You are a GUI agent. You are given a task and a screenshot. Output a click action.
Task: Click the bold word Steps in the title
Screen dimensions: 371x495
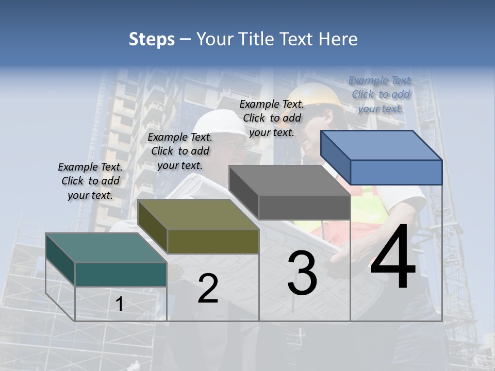pyautogui.click(x=152, y=39)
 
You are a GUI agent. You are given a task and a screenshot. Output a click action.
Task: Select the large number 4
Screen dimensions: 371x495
pyautogui.click(x=393, y=258)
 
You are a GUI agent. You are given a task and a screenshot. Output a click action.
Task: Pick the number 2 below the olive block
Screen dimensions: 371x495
pyautogui.click(x=208, y=289)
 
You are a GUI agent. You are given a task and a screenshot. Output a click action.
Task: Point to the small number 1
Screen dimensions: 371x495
pyautogui.click(x=119, y=305)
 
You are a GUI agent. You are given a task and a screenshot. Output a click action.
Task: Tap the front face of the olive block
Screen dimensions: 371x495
pyautogui.click(x=213, y=241)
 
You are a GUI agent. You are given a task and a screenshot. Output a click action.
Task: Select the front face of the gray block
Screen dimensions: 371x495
pyautogui.click(x=304, y=208)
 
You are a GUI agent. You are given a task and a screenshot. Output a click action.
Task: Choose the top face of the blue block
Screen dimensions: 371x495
pyautogui.click(x=382, y=145)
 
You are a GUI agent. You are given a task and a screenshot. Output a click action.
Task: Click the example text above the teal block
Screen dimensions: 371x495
pyautogui.click(x=90, y=181)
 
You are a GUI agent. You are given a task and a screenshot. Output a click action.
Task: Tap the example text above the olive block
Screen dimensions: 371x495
pyautogui.click(x=180, y=151)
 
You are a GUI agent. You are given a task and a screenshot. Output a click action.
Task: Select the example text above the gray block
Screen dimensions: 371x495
pyautogui.click(x=272, y=118)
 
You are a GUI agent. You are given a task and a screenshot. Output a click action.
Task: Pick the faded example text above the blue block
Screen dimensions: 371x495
pyautogui.click(x=381, y=94)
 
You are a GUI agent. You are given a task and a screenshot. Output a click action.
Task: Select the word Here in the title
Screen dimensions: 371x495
pyautogui.click(x=338, y=39)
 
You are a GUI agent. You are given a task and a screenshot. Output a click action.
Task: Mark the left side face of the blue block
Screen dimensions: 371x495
pyautogui.click(x=335, y=158)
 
